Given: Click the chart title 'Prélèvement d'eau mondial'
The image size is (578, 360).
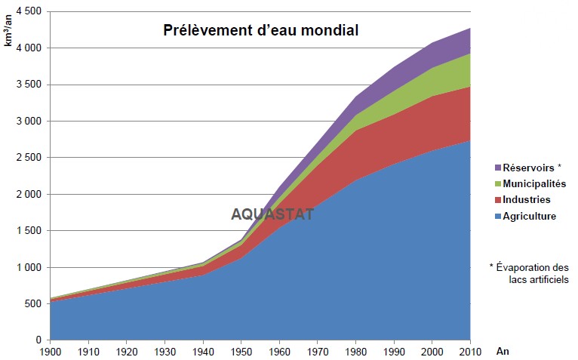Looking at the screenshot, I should click(261, 31).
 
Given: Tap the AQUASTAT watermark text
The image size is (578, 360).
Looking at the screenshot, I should click(272, 214).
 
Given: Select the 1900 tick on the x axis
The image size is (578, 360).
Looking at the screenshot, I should click(50, 351).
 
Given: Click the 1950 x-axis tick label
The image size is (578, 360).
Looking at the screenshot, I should click(241, 351).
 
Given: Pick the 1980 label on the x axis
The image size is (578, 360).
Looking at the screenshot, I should click(355, 351).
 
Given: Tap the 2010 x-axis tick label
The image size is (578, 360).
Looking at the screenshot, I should click(470, 351).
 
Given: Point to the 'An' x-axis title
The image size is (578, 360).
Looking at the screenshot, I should click(503, 351).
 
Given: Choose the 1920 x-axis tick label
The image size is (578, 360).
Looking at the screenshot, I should click(126, 351).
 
